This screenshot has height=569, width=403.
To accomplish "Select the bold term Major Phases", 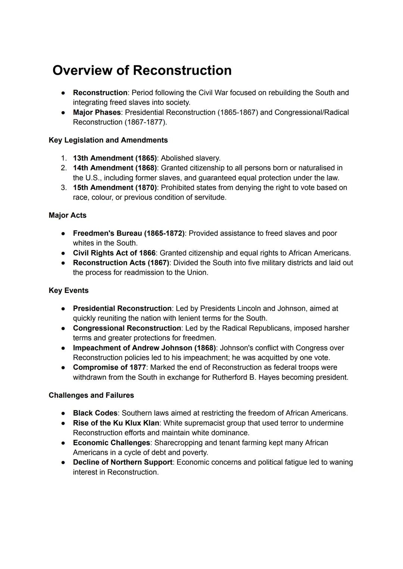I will click(x=97, y=112).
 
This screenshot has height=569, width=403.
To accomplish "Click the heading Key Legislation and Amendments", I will click(x=108, y=140).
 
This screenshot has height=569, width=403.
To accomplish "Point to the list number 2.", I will click(x=64, y=168).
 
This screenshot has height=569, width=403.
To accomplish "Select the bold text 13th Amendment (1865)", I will click(x=115, y=158).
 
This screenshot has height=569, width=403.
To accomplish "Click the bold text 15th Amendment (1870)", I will click(x=115, y=187).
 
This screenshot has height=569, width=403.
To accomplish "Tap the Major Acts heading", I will click(x=68, y=215).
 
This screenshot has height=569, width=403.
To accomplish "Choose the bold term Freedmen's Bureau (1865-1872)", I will click(x=128, y=233).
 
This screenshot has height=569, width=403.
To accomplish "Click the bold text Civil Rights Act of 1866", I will click(x=114, y=253).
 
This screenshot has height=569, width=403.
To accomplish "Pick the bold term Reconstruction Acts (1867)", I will click(x=121, y=263).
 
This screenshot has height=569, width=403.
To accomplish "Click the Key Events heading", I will click(x=69, y=290).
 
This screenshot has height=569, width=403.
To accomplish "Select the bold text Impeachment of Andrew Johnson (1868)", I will click(x=144, y=348).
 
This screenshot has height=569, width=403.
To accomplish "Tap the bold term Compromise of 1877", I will click(x=109, y=367).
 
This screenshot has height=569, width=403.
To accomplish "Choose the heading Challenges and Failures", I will click(x=91, y=395).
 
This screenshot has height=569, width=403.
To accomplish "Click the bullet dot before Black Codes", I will click(x=64, y=413).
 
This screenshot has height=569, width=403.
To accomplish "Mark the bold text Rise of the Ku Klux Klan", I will click(x=116, y=423).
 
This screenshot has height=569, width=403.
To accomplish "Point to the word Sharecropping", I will click(x=178, y=443).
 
